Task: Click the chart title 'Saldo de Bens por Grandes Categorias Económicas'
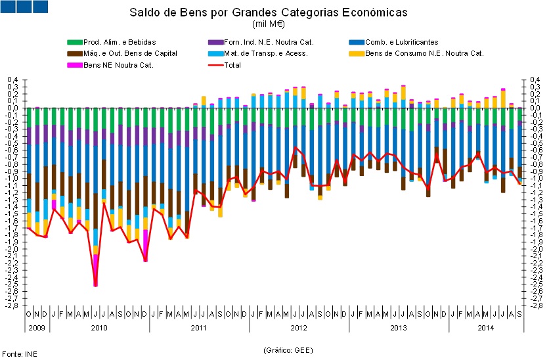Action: [268, 12]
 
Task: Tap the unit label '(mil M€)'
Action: [268, 24]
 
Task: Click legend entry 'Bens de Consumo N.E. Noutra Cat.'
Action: [424, 54]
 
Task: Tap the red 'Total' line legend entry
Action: [232, 65]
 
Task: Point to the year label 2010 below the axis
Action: [99, 327]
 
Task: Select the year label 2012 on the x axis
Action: [299, 327]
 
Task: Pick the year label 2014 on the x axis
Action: [485, 327]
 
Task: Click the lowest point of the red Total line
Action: [96, 285]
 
